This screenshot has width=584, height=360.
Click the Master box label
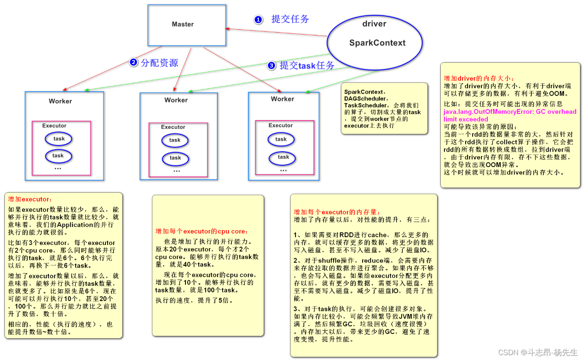(x=183, y=24)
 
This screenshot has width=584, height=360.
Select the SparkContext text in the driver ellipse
(x=377, y=43)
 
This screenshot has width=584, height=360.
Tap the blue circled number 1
(x=258, y=19)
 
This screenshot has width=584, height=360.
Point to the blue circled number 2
(x=134, y=62)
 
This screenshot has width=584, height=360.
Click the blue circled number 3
(x=272, y=66)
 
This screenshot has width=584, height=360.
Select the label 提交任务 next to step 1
(x=290, y=19)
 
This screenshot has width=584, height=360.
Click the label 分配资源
(x=159, y=63)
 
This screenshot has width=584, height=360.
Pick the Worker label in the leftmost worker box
(x=60, y=101)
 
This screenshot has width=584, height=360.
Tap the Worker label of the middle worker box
(x=176, y=100)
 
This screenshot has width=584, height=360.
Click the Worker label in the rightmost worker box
(x=282, y=99)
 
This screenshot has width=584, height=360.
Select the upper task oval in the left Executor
(x=59, y=139)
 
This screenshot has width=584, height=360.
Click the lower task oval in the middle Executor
(x=175, y=158)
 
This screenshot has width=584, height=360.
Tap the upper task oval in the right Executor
(x=281, y=139)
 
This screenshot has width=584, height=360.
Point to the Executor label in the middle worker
(x=173, y=127)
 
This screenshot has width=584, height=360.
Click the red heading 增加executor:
(x=30, y=199)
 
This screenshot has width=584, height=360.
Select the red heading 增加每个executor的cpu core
(x=202, y=231)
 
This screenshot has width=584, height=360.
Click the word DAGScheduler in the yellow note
(x=365, y=99)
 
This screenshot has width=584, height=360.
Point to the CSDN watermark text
(x=538, y=352)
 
